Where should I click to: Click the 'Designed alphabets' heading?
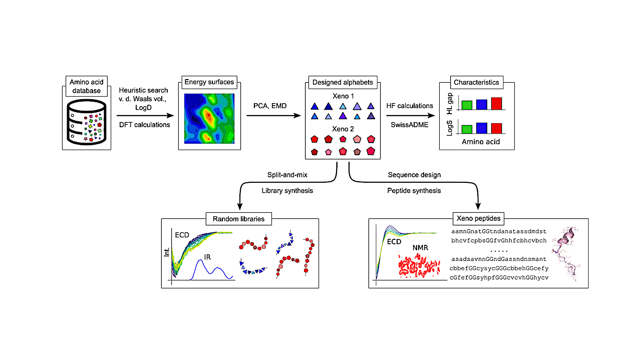(x=343, y=82)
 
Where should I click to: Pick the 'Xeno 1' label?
(x=343, y=95)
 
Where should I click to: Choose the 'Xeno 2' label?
(x=343, y=128)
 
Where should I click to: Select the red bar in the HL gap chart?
(x=496, y=103)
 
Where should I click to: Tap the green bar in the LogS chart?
(x=467, y=129)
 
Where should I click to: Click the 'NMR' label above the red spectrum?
(x=421, y=247)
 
